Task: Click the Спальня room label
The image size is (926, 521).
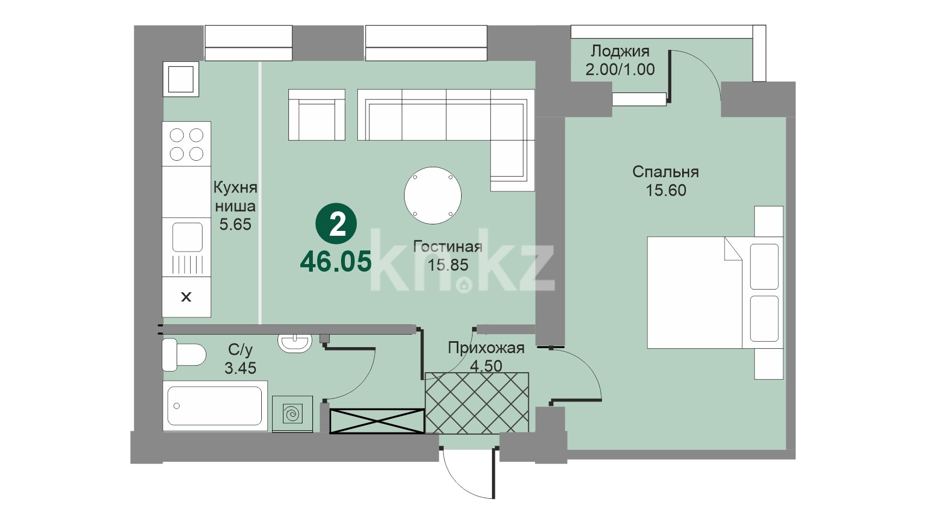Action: (665, 172)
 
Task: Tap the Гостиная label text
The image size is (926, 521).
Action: (448, 247)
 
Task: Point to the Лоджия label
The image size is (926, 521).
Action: (620, 52)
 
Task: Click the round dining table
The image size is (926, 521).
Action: (433, 196)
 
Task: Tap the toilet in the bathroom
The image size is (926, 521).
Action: (184, 355)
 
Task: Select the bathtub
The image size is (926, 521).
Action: (215, 406)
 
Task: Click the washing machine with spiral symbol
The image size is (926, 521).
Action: (292, 414)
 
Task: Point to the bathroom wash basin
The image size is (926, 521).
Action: (294, 343)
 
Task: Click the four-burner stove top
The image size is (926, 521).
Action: (186, 144)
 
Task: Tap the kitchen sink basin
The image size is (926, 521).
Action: (187, 237)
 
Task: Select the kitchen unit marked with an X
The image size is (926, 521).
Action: (186, 297)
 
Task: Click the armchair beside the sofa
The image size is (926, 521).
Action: (317, 115)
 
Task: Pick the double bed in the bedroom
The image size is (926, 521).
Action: (715, 292)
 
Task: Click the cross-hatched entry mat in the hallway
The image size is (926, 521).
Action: (477, 403)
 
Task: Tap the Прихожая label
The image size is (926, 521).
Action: (486, 348)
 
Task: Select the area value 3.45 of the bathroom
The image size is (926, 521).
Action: (240, 368)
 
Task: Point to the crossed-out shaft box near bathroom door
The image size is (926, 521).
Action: (377, 421)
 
